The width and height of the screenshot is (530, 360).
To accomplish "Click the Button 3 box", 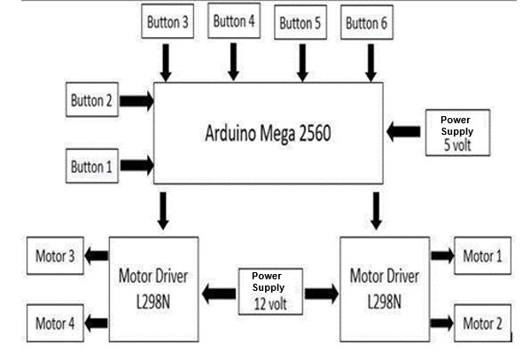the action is [x=168, y=21].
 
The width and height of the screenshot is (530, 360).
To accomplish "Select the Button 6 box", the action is [x=367, y=22].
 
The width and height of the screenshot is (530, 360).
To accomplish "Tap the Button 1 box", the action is [x=92, y=166].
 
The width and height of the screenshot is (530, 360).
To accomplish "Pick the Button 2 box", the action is [x=92, y=99].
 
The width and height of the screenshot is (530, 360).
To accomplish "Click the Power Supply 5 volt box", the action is [x=457, y=132].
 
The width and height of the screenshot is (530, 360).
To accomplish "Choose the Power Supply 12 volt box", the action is [x=270, y=292].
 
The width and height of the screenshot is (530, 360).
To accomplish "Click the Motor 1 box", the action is [x=482, y=255].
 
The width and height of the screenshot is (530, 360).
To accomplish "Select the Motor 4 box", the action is [x=55, y=323].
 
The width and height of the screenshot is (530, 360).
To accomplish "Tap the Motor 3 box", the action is [x=55, y=255].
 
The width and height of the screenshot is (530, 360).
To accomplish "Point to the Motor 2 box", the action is [x=482, y=323].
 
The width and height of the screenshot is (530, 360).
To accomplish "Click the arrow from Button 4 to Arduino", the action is [x=233, y=62].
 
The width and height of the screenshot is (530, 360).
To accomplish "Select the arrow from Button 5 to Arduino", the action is [x=302, y=63].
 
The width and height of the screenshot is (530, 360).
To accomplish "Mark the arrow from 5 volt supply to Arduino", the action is [x=403, y=131].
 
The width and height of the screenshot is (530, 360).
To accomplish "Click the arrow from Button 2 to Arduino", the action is [x=136, y=101].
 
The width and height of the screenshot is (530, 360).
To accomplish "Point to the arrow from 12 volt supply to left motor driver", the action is [x=219, y=293].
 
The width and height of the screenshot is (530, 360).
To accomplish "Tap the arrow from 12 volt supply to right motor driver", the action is [x=322, y=293].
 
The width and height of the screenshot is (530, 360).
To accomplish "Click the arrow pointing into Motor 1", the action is [x=442, y=255].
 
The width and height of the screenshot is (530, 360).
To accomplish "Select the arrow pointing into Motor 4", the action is [x=96, y=323].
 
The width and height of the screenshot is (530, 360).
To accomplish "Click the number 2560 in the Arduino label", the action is [x=315, y=133].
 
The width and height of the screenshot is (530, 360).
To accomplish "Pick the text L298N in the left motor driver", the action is [x=153, y=301].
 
